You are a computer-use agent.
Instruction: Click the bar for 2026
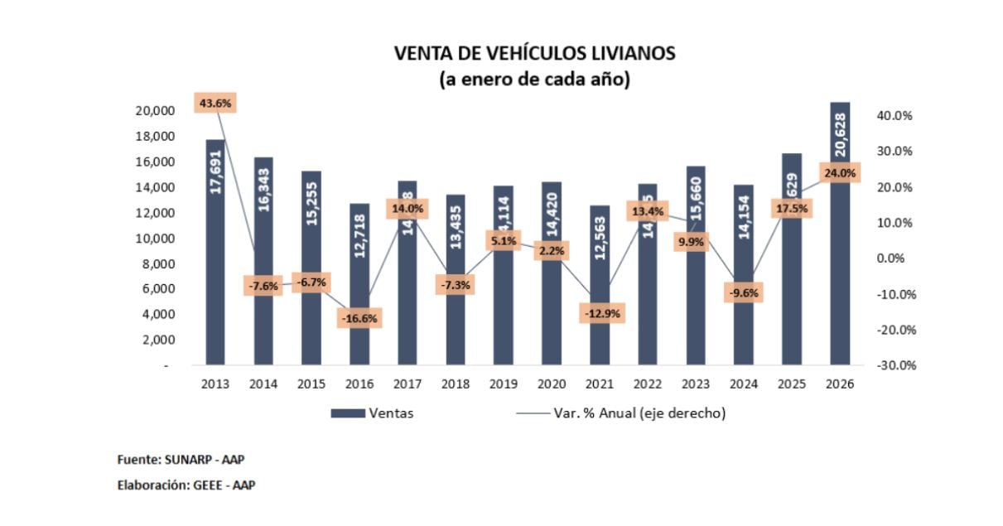coord(840,273)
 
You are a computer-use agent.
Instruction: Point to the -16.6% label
coord(359,318)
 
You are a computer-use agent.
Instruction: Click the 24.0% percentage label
coord(840,173)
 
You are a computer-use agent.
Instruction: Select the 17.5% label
coord(792,208)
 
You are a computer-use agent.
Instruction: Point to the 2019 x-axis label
coord(504,384)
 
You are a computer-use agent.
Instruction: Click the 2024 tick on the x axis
coord(744,384)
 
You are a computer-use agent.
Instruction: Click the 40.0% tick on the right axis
coord(893,116)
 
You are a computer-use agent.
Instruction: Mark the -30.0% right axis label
coord(893,365)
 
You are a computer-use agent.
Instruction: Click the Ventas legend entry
coord(372,413)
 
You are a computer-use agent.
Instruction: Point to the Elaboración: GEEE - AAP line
coord(186,485)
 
